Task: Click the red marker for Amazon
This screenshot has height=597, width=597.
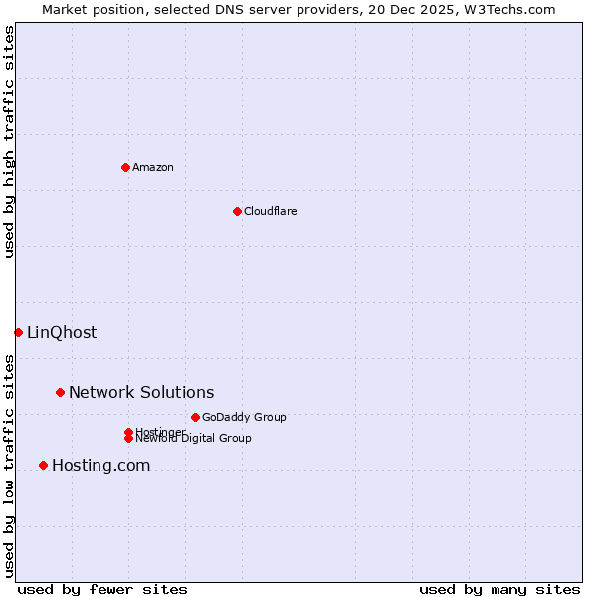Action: tap(125, 167)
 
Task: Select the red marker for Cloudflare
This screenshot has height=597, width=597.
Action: tap(237, 211)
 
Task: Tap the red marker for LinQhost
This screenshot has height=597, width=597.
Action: tap(18, 332)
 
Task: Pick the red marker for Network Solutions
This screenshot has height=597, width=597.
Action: tap(60, 393)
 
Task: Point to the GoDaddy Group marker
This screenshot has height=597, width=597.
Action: tap(195, 417)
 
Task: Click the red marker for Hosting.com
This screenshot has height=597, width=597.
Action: tap(43, 465)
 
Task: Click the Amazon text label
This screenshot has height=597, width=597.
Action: tap(153, 167)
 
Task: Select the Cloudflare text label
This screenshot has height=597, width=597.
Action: tap(271, 211)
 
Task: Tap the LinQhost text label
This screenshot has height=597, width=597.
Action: tap(62, 332)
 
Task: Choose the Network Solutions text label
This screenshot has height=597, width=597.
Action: tap(141, 393)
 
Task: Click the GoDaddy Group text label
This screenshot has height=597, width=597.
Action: tap(244, 417)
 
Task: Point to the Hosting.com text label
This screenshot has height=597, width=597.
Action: tap(100, 465)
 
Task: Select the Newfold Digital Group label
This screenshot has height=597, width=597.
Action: tap(194, 438)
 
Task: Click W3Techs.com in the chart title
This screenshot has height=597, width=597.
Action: tap(507, 9)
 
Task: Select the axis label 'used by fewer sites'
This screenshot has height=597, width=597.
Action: tap(102, 589)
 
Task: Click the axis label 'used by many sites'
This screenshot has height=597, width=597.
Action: tap(499, 589)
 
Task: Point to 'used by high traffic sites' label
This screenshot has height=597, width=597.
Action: tap(9, 142)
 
